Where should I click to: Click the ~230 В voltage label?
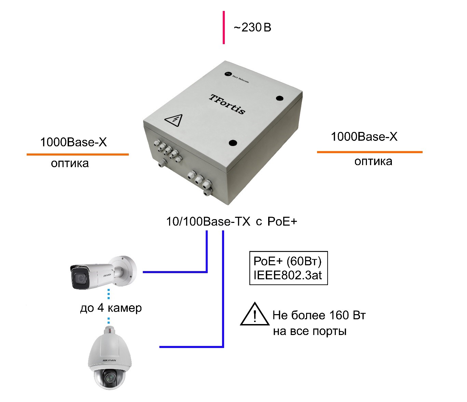click(252, 28)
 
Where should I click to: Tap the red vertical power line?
click(224, 27)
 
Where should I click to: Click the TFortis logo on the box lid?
click(227, 104)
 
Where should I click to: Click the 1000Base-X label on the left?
click(73, 142)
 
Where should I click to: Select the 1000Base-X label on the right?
click(364, 137)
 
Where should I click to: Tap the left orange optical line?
click(78, 155)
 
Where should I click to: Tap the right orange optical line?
click(370, 152)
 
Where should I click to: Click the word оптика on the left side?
click(70, 163)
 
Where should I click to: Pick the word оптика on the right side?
click(373, 161)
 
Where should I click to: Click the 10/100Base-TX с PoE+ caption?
click(232, 222)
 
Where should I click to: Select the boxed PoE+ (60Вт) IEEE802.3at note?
click(288, 268)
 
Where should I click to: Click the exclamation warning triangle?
click(255, 315)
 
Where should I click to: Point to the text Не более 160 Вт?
click(319, 315)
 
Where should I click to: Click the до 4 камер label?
click(111, 308)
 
